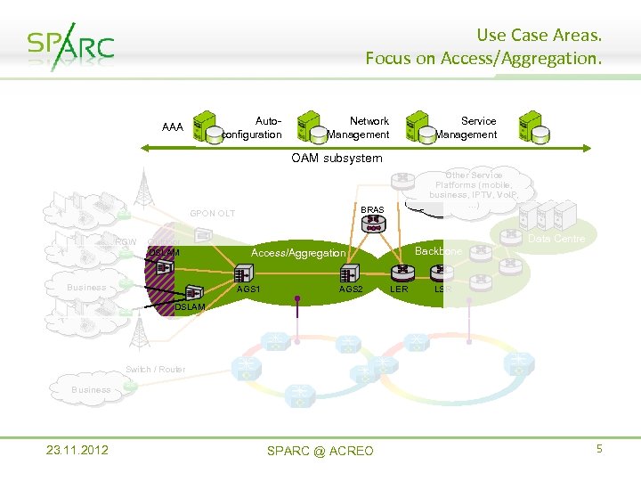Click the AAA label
(x=173, y=127)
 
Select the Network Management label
(x=360, y=127)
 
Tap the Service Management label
(x=467, y=127)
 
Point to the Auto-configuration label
(x=254, y=127)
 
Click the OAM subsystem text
(x=337, y=159)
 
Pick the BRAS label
(x=373, y=210)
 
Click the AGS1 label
(x=248, y=289)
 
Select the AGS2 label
(x=351, y=289)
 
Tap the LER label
(x=399, y=289)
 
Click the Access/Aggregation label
(x=298, y=253)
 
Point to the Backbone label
(x=438, y=252)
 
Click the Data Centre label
(x=556, y=239)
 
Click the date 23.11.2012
(x=77, y=450)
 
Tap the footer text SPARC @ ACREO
(x=320, y=451)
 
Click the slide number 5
(x=599, y=449)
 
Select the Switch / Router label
(x=156, y=370)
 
